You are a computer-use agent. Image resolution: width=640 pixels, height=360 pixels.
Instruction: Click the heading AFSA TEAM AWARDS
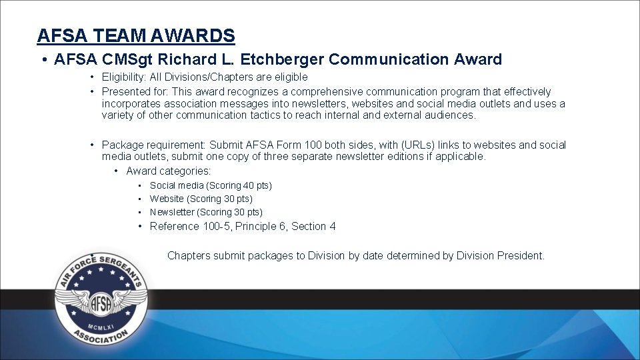[x=136, y=35]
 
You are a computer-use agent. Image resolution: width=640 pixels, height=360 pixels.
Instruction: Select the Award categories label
[x=169, y=171]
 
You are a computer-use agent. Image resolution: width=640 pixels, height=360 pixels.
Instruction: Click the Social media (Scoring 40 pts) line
[x=211, y=185]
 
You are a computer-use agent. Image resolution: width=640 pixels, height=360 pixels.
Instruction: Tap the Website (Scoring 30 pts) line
[x=201, y=199]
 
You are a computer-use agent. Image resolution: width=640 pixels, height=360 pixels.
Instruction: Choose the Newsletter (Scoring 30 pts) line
[x=206, y=212]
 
